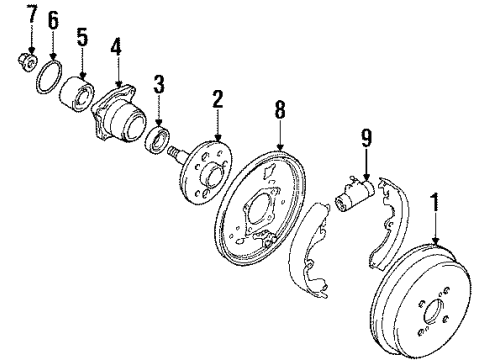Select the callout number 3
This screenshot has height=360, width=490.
[157, 80]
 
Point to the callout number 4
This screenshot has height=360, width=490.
[117, 45]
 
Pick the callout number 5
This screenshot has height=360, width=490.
[83, 37]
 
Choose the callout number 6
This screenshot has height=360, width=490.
[54, 20]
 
